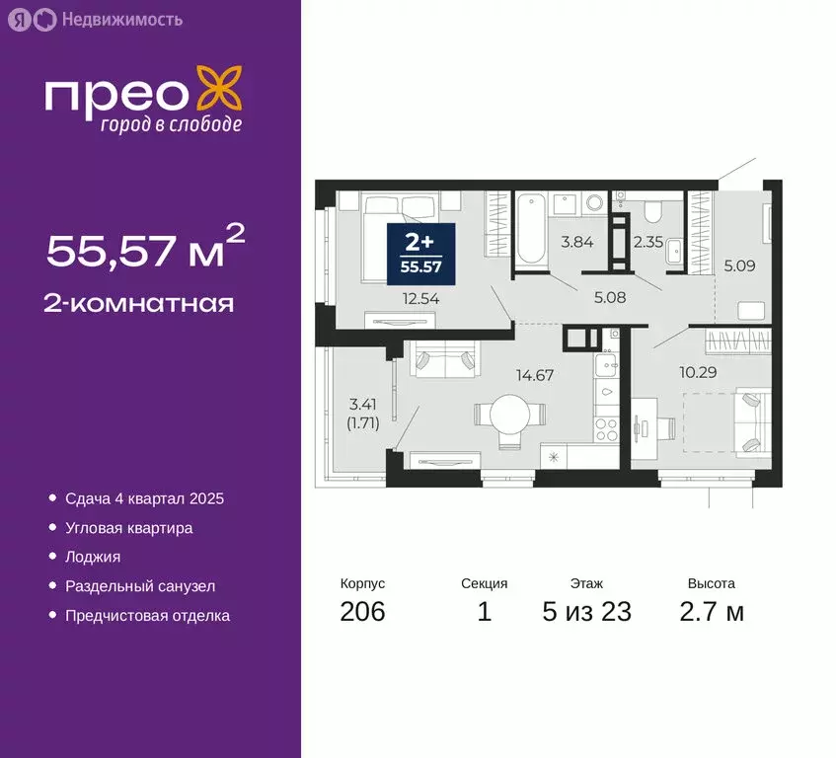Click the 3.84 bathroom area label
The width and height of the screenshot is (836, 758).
click(576, 241)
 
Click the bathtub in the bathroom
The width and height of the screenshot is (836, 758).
click(530, 229)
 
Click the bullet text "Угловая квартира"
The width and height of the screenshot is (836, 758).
click(128, 528)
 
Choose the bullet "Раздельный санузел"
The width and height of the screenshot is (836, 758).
click(140, 586)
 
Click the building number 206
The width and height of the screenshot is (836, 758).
click(362, 612)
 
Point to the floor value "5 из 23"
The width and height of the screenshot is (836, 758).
click(586, 612)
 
